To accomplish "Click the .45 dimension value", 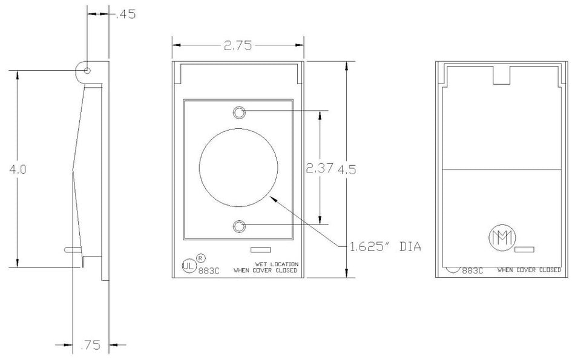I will [x=126, y=14].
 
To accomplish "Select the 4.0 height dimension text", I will [x=18, y=170].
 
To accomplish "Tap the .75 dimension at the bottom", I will [x=91, y=345].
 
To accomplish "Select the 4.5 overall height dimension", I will [x=347, y=170].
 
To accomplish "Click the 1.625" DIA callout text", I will [x=385, y=246].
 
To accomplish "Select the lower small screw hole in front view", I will [x=240, y=226].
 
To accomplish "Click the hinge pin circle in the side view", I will [x=88, y=71].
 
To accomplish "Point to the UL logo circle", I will [x=189, y=265].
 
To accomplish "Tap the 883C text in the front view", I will [x=210, y=271].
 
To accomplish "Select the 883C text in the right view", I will [x=473, y=271].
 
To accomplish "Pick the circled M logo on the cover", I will [x=500, y=236].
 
